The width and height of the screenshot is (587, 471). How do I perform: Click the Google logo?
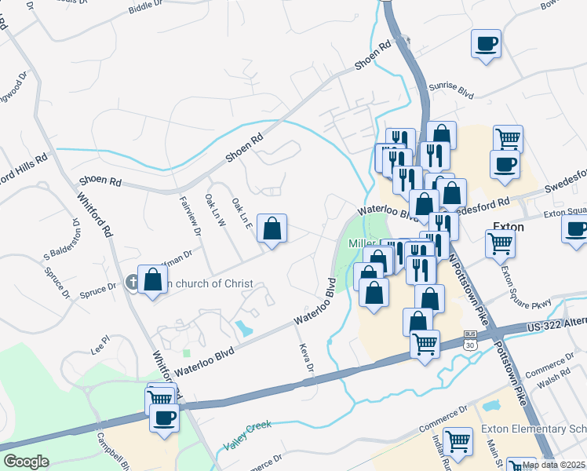coord(26,462)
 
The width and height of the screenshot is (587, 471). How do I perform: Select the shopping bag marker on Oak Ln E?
coord(272,229)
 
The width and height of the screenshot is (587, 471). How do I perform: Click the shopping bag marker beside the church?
coord(154,279)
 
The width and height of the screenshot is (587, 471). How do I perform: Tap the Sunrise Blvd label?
coord(454,92)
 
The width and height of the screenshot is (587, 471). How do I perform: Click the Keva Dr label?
coord(305,358)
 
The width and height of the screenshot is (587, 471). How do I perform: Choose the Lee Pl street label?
coord(100,344)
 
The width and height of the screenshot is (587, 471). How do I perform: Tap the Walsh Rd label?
coord(553,378)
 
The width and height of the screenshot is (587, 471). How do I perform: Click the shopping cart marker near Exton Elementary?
coord(458,442)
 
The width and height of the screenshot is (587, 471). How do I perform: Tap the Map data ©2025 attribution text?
coord(554,465)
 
